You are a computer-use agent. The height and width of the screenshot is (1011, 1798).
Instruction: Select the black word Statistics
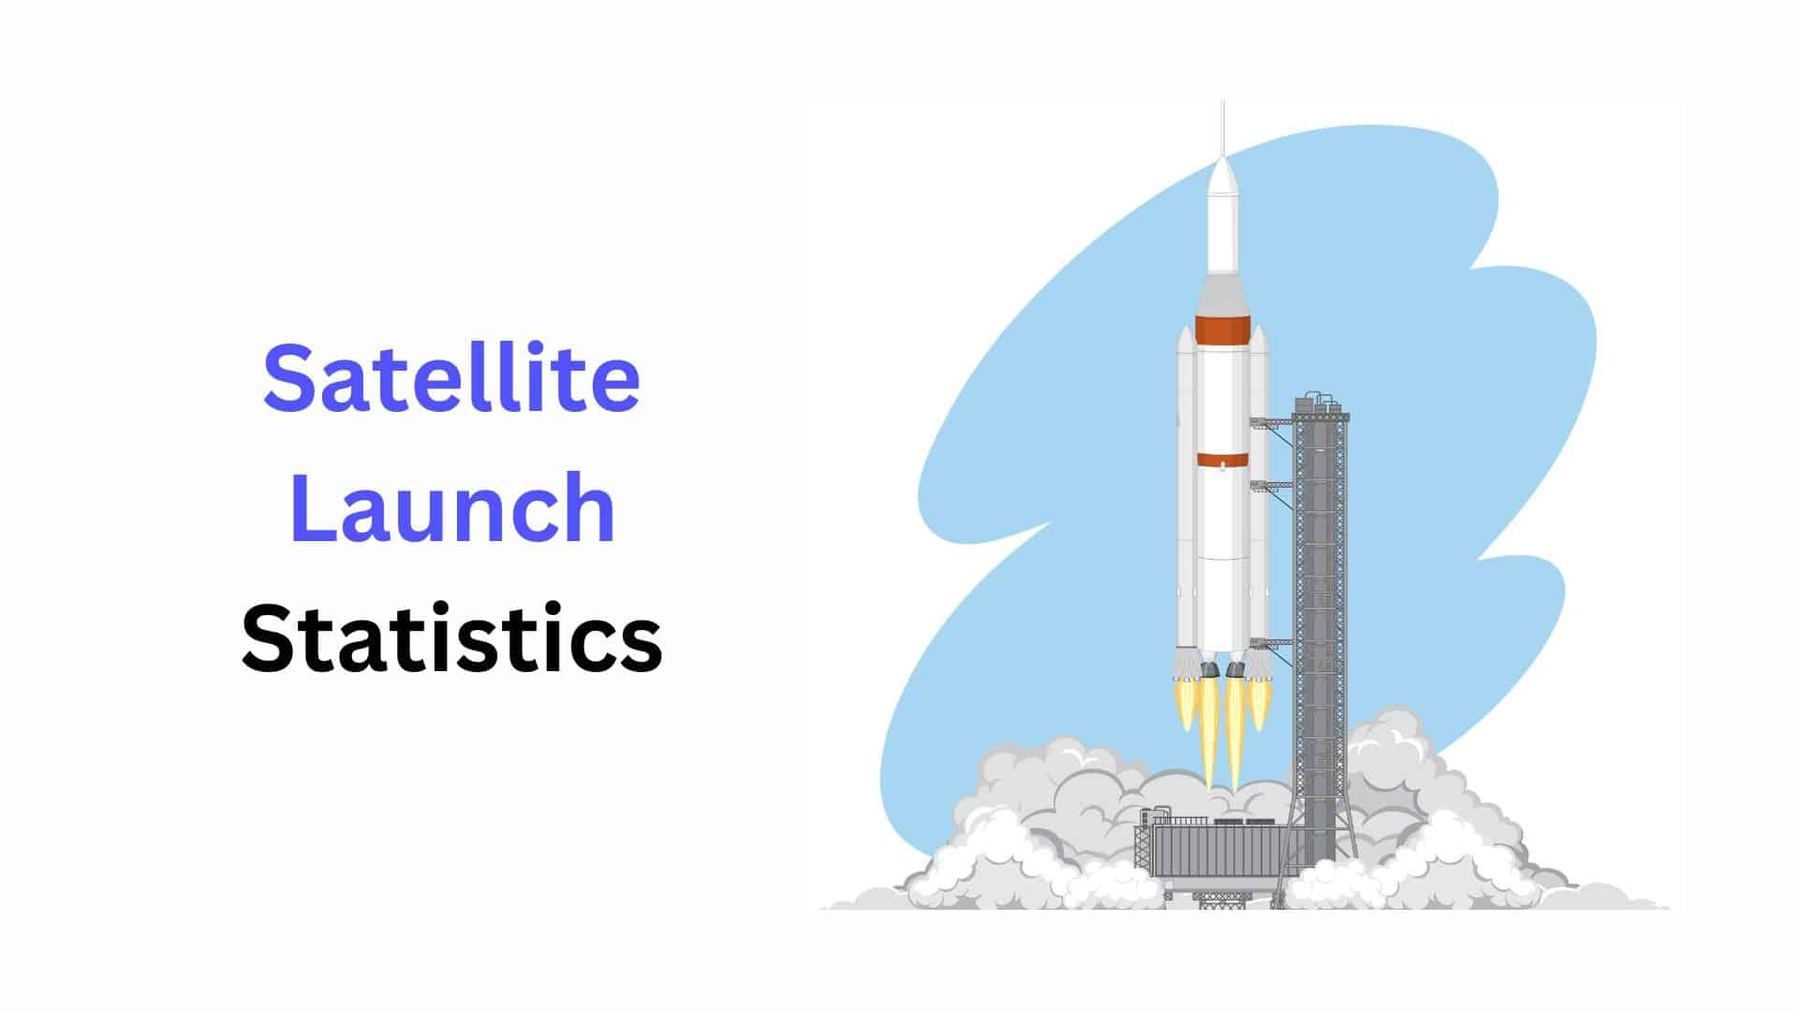(451, 638)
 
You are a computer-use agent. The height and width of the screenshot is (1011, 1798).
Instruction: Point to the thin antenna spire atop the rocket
(1222, 126)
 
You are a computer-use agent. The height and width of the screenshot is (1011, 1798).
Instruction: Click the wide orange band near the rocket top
(1222, 330)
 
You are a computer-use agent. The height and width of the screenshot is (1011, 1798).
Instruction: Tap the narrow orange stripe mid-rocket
(1222, 460)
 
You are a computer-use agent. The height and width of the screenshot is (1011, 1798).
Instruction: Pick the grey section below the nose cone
(1222, 295)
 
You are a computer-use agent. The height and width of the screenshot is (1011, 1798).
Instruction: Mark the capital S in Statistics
(265, 638)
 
